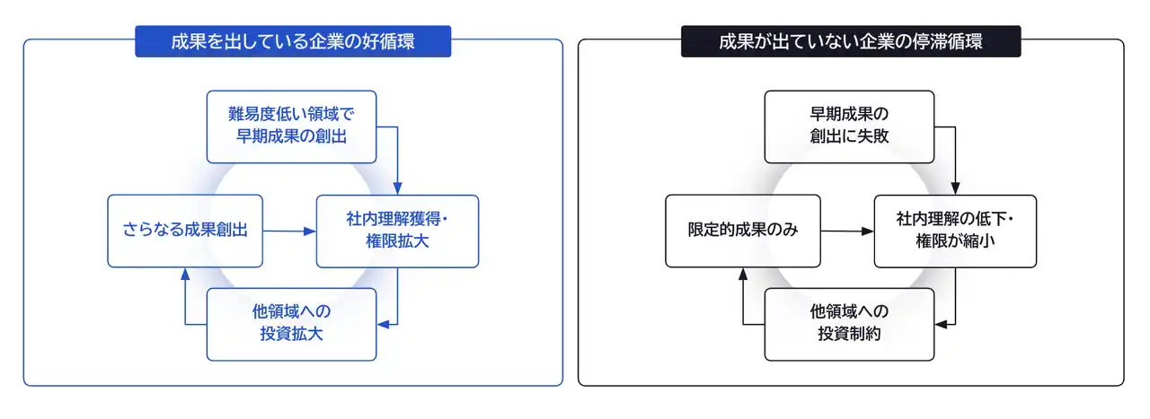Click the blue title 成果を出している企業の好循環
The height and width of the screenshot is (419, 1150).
[293, 41]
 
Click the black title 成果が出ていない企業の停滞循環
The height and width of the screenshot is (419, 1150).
[851, 41]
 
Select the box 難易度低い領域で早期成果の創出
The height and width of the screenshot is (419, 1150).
[291, 127]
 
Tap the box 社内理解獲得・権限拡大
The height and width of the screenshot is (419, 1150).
[397, 231]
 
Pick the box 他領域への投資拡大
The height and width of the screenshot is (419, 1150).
[291, 324]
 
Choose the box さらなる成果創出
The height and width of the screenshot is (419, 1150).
[185, 231]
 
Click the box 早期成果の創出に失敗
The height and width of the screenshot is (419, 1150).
[849, 127]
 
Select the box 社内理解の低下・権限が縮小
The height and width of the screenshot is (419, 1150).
[955, 231]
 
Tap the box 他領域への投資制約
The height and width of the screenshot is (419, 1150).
[849, 324]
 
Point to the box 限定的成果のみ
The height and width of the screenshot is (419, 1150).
[743, 231]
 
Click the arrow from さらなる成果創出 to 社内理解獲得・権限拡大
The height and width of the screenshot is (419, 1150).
[289, 231]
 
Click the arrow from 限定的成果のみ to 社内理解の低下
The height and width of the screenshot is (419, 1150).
[847, 231]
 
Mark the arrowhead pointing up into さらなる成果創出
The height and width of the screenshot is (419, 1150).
[185, 274]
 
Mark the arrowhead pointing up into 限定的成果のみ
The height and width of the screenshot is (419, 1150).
[743, 274]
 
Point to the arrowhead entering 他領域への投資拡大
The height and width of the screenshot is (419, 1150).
[383, 324]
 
